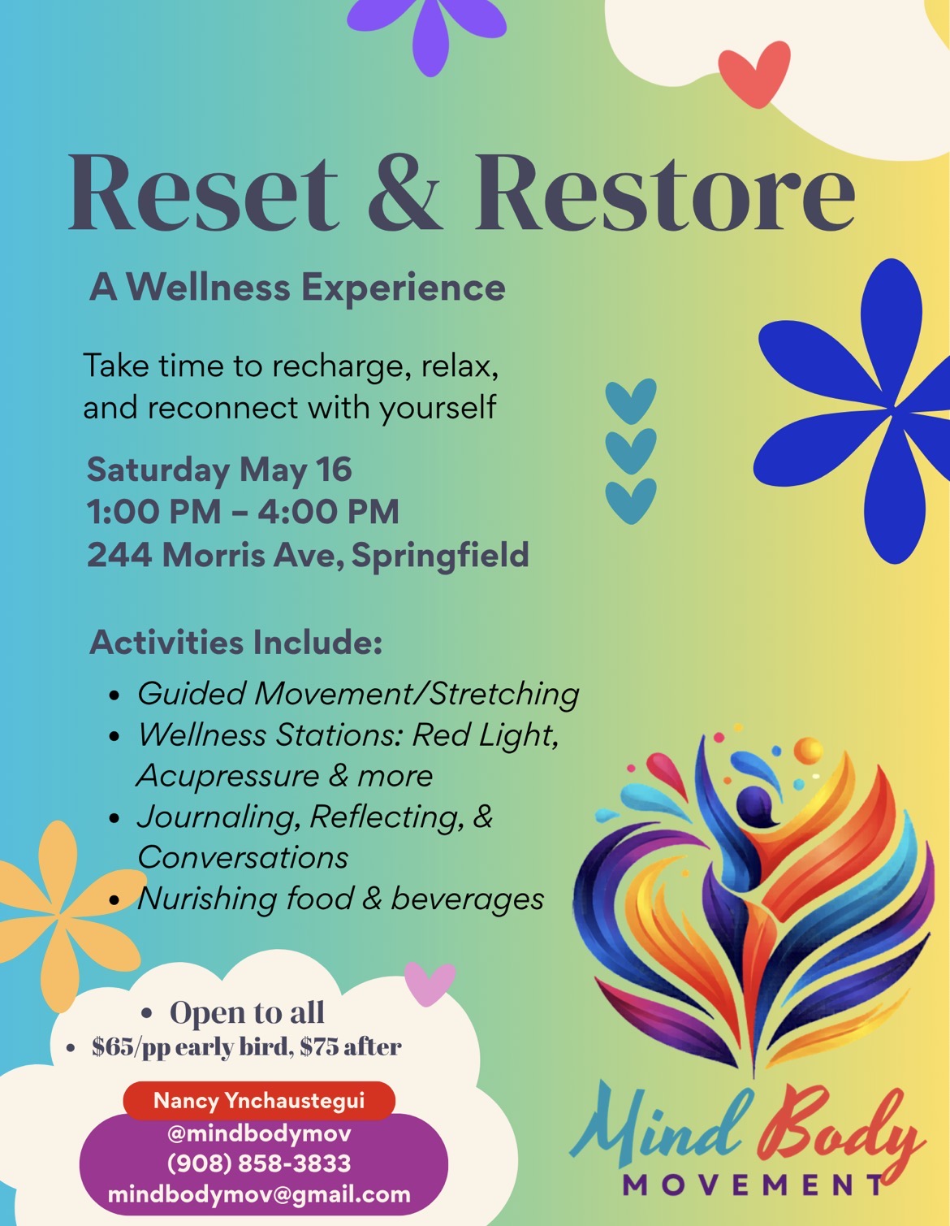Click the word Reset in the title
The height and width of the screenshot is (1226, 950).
coord(202,193)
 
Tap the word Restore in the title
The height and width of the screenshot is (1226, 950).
coord(664,193)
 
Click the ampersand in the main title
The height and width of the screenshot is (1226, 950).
coord(405,193)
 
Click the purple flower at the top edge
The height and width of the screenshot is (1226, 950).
coord(427,28)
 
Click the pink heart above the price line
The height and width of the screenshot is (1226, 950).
coord(429,981)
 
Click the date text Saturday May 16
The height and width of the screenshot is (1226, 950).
coord(219,470)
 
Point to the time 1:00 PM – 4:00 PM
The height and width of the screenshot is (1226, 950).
coord(243,512)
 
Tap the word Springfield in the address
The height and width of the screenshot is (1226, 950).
coord(439,556)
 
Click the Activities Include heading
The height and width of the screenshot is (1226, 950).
coord(235,642)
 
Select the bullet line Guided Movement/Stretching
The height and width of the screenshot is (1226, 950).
coord(357,694)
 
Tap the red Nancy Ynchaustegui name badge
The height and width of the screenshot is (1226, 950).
coord(259,1101)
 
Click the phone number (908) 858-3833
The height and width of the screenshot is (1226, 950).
coord(259,1163)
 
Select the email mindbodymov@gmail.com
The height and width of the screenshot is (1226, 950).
coord(259,1194)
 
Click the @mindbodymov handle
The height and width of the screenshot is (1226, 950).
coord(259,1133)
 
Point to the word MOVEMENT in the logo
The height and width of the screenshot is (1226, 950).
coord(751,1185)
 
